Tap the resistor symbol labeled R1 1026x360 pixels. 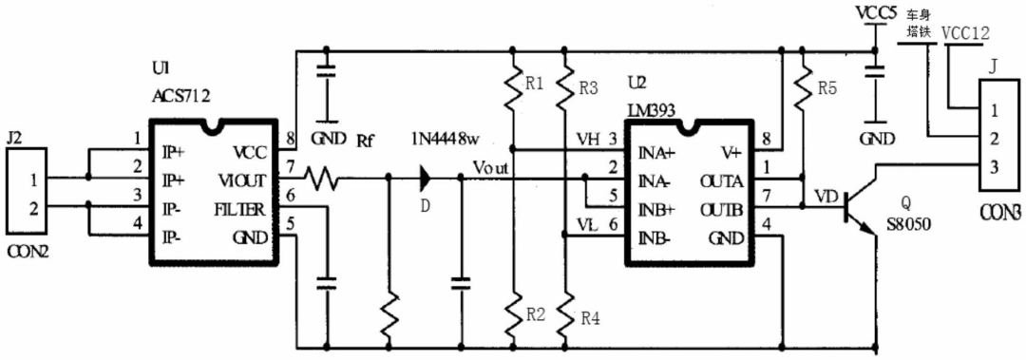tap(512, 85)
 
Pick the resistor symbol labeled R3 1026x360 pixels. tap(564, 85)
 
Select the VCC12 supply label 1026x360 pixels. tap(966, 33)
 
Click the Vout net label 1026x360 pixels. tap(492, 165)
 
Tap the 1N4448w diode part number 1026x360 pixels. tap(443, 140)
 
